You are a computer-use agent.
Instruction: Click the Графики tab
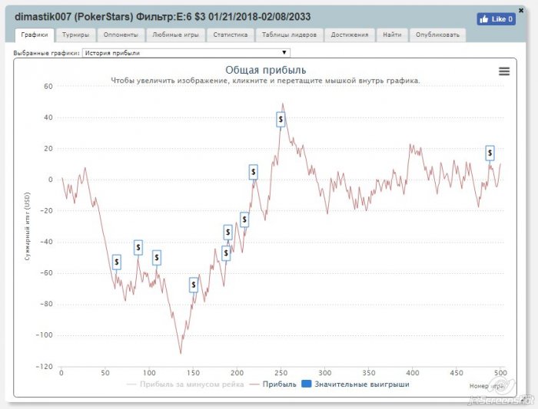tap(34, 35)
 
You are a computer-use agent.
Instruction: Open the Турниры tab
tap(75, 35)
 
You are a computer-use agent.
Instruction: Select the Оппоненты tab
tap(121, 35)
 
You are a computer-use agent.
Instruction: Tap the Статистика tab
tap(230, 35)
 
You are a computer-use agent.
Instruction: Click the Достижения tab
tap(350, 35)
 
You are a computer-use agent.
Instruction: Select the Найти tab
tap(391, 35)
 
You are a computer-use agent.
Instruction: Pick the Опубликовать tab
tap(437, 35)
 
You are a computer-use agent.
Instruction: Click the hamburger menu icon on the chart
tap(504, 71)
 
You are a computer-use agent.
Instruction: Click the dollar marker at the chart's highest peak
tap(281, 119)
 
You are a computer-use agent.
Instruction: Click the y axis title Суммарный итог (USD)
tap(28, 226)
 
